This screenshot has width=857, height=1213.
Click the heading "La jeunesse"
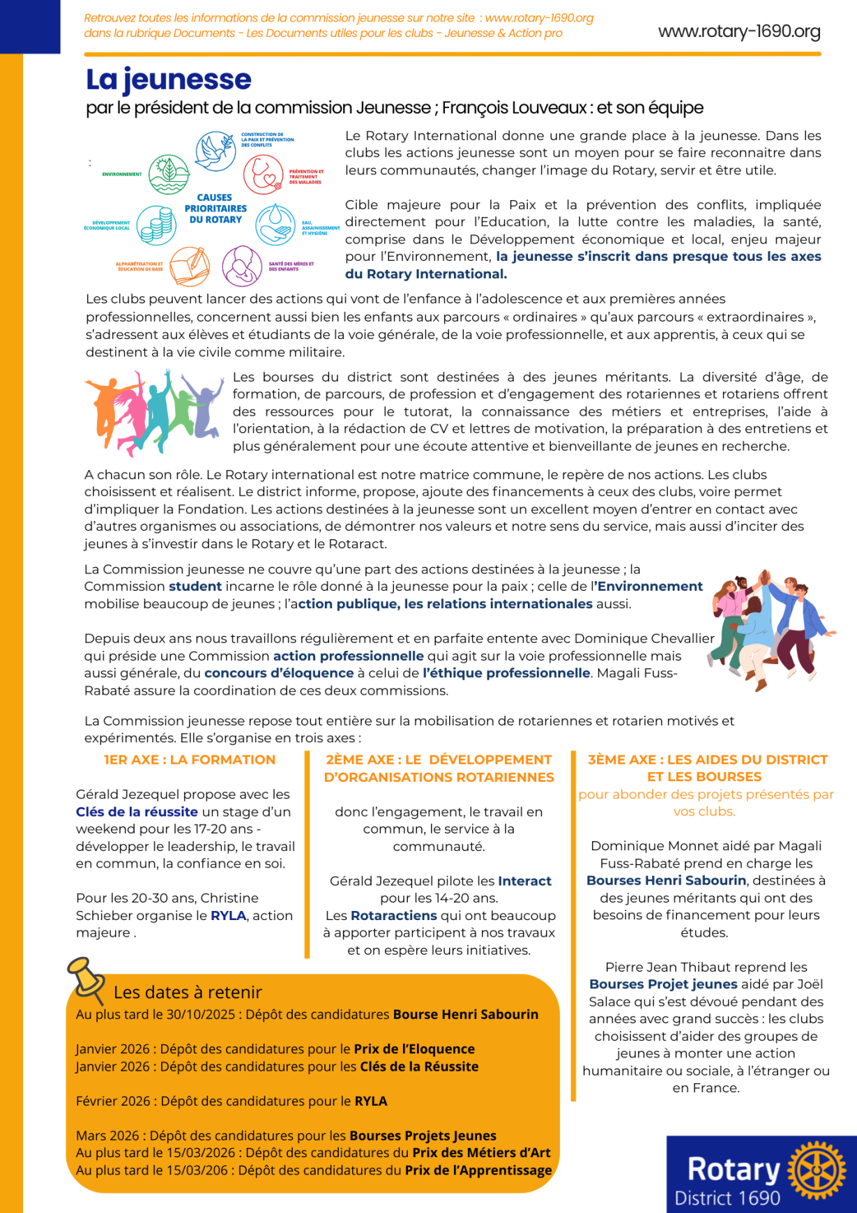[168, 80]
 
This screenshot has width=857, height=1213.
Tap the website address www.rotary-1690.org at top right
[739, 31]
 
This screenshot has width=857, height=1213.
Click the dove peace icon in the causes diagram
[215, 151]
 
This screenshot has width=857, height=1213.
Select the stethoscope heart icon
[263, 174]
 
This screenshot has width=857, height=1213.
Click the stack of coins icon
[156, 225]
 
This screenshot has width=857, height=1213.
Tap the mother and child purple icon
[242, 266]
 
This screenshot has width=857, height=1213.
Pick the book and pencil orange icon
[190, 266]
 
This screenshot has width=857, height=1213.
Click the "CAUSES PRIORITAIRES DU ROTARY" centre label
[215, 209]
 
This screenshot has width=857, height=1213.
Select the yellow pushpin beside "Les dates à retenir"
[85, 977]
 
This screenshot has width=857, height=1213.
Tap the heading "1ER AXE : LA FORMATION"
[190, 760]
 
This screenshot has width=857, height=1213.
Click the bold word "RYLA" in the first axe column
[229, 915]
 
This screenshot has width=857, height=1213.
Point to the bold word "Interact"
[524, 881]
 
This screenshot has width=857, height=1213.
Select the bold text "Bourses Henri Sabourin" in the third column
[666, 880]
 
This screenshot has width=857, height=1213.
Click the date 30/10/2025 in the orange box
[201, 1014]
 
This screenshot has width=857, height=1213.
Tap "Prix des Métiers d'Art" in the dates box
[481, 1152]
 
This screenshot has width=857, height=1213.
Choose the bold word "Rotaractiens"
[393, 915]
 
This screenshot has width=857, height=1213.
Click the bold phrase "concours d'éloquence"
[279, 673]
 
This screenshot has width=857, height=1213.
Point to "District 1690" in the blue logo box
[727, 1198]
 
